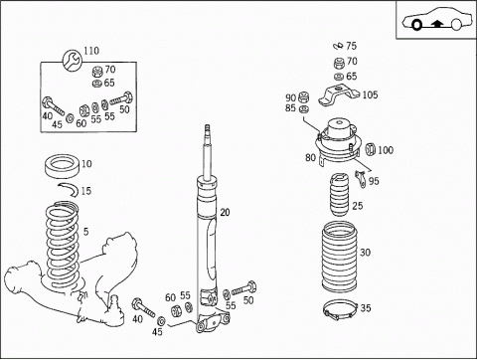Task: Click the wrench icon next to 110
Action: [x=72, y=60]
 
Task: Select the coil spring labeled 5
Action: [x=63, y=246]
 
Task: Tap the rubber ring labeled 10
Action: [x=63, y=166]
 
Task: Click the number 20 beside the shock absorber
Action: [x=225, y=213]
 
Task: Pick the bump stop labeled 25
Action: [x=339, y=195]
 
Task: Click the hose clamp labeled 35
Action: [x=340, y=311]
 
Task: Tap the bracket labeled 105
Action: [x=339, y=95]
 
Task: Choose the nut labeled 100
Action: [x=370, y=149]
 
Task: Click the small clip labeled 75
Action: [x=339, y=46]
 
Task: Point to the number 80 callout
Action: [x=310, y=158]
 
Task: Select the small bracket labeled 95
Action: [x=361, y=179]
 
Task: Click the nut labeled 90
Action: [x=303, y=97]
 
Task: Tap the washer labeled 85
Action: [x=303, y=109]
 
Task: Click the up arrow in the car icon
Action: [x=437, y=24]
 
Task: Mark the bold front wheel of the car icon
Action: [x=416, y=25]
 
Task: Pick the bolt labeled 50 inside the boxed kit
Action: [x=121, y=98]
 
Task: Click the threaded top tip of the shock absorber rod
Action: [x=208, y=128]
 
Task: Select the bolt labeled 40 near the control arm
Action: [x=143, y=308]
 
